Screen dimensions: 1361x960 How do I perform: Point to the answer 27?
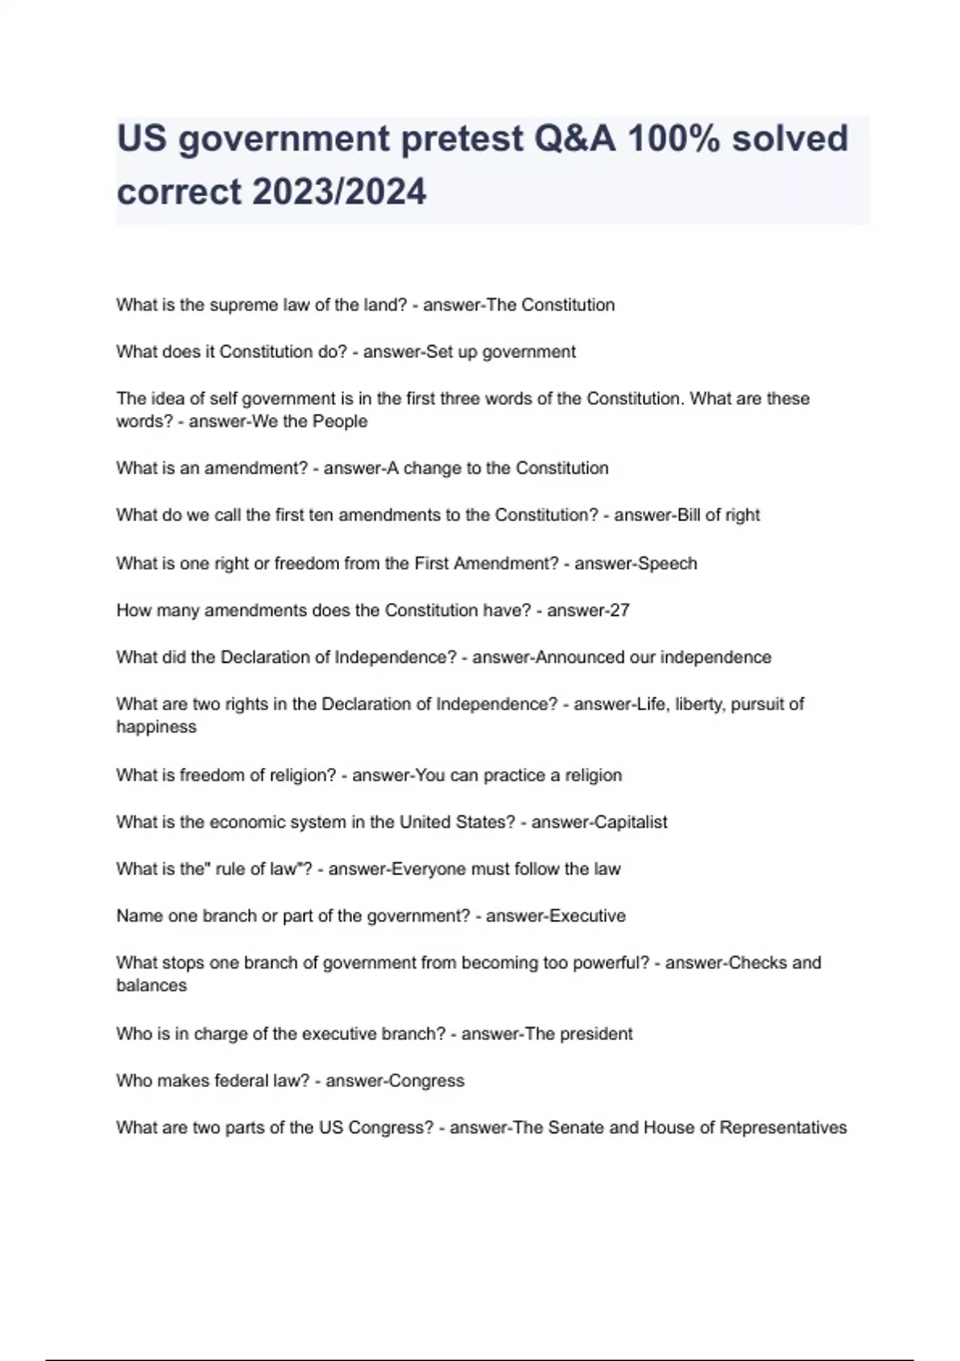[x=619, y=611]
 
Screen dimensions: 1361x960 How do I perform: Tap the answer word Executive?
[x=588, y=916]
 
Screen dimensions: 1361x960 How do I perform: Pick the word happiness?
[x=156, y=727]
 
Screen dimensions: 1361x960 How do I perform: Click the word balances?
[x=151, y=986]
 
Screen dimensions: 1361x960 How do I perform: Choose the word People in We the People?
[x=340, y=422]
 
